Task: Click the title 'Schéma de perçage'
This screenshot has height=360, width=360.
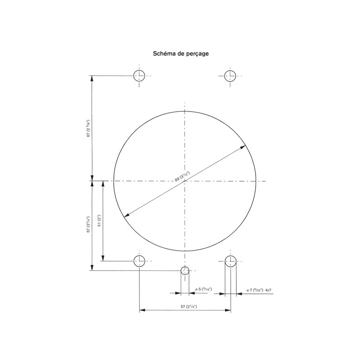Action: [x=181, y=54]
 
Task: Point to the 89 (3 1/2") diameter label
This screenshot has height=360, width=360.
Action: [x=182, y=176]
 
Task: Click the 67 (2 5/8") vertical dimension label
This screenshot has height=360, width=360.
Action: [x=88, y=128]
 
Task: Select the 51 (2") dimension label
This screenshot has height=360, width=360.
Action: [x=99, y=220]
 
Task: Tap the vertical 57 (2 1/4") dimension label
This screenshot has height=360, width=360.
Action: [x=88, y=225]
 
